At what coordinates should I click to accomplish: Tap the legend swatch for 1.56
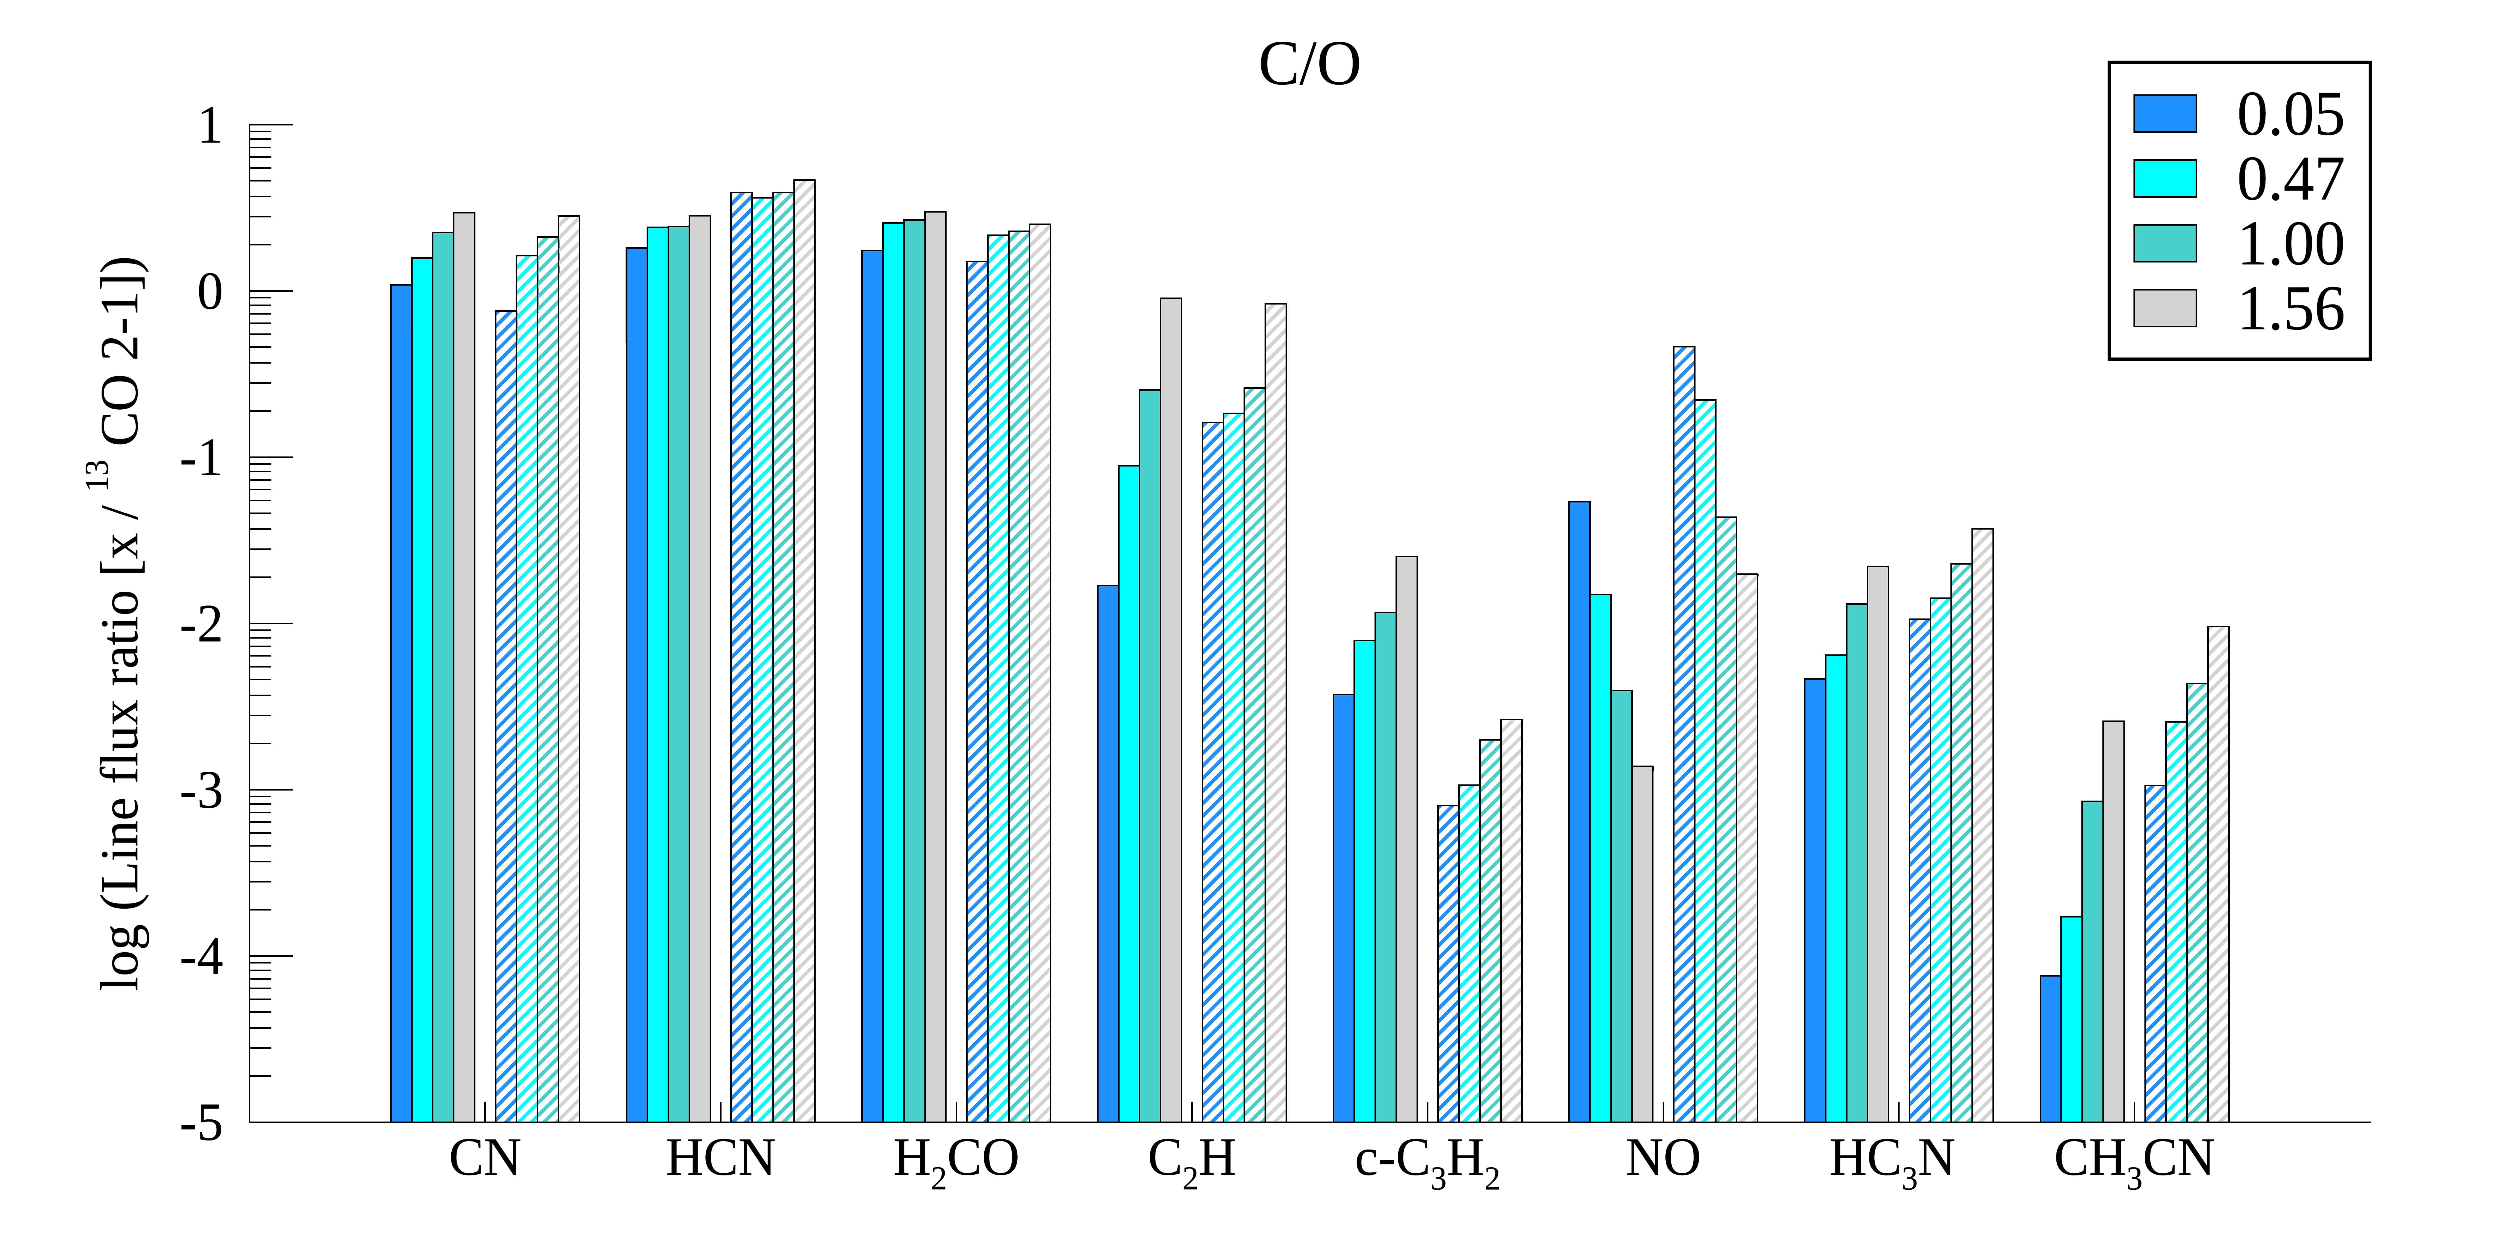click(2165, 308)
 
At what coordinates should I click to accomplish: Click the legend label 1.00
click(2291, 244)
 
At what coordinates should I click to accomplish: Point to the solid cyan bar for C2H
click(1128, 794)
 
